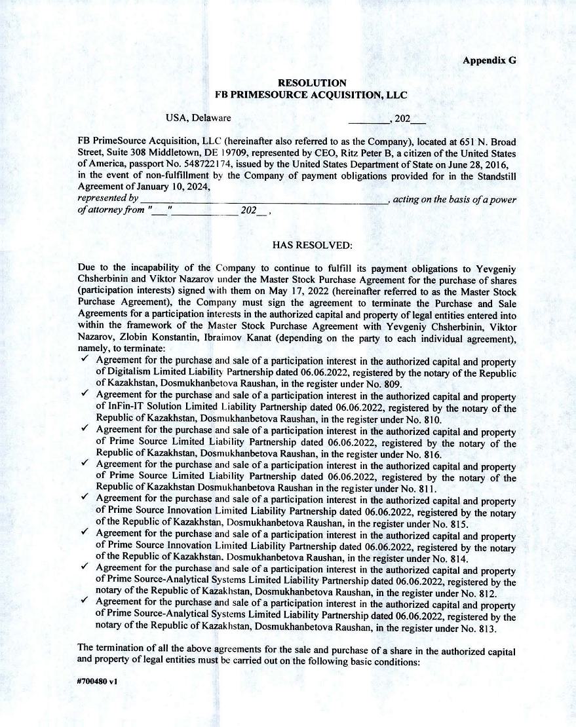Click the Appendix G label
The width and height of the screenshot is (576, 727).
(489, 60)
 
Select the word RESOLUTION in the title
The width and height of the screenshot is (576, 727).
(312, 83)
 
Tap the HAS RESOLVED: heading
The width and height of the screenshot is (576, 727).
(312, 245)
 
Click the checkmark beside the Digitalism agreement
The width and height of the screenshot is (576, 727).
(85, 360)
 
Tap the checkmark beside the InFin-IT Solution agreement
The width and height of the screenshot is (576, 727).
(85, 395)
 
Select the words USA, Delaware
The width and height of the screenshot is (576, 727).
(198, 118)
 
